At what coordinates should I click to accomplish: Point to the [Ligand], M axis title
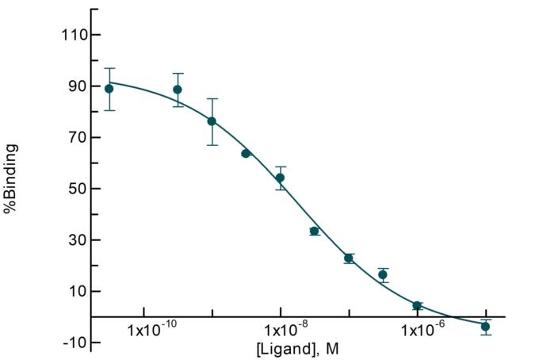(297, 348)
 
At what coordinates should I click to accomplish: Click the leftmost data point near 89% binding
(109, 89)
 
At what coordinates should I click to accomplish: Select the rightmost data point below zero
(485, 327)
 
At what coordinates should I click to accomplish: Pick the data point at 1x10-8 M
(281, 178)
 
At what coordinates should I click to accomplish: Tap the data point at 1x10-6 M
(417, 305)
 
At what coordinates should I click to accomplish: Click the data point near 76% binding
(212, 121)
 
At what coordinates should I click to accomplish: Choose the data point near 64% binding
(246, 153)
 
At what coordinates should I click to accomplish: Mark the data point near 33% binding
(315, 232)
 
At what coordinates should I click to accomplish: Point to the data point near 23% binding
(349, 259)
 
